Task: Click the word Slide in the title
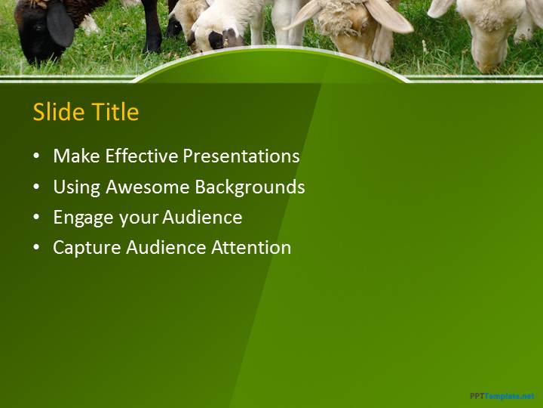pyautogui.click(x=59, y=111)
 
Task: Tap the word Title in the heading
pyautogui.click(x=115, y=111)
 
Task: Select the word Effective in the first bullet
pyautogui.click(x=142, y=156)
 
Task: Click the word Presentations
pyautogui.click(x=241, y=156)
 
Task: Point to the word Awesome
pyautogui.click(x=148, y=187)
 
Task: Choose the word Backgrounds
pyautogui.click(x=250, y=187)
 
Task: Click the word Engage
pyautogui.click(x=84, y=218)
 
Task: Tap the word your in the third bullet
pyautogui.click(x=138, y=218)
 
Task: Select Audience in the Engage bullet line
pyautogui.click(x=202, y=217)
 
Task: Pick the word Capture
pyautogui.click(x=87, y=248)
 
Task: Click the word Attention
pyautogui.click(x=251, y=248)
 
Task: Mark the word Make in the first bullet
pyautogui.click(x=76, y=156)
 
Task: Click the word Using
pyautogui.click(x=76, y=187)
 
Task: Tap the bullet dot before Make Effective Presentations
pyautogui.click(x=36, y=156)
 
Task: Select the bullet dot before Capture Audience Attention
pyautogui.click(x=36, y=248)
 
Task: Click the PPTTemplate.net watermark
pyautogui.click(x=502, y=396)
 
